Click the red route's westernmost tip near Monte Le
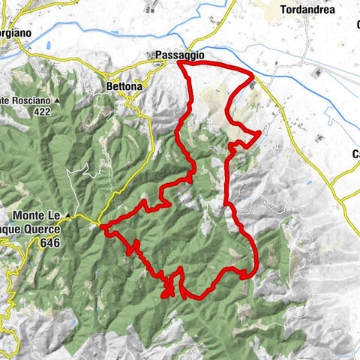click(101, 226)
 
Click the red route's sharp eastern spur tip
click(259, 133)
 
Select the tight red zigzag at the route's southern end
click(168, 289)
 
